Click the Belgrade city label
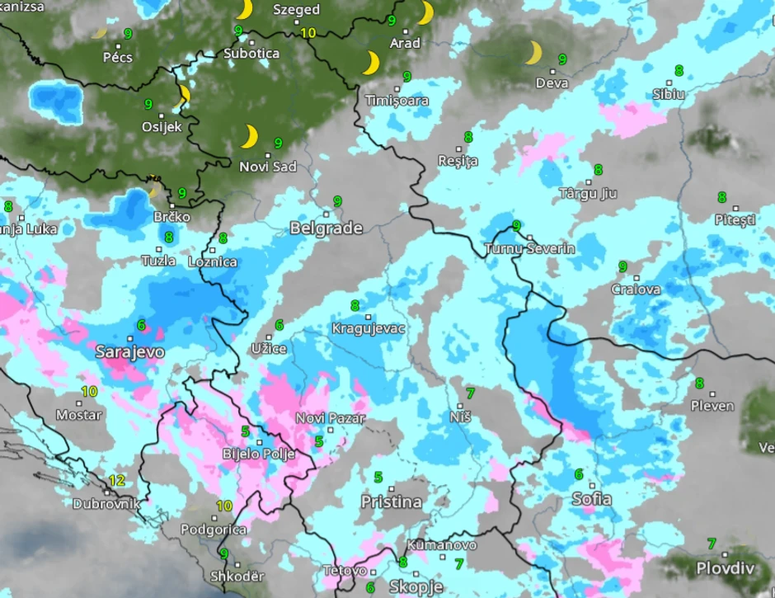point(326,228)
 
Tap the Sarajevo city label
point(130,352)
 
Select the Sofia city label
point(591,499)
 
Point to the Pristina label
point(391,501)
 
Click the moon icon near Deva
point(533,54)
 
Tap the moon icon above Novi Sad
point(249,136)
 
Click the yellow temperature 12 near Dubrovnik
point(117,480)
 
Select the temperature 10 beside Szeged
point(308,33)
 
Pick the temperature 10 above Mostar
point(89,391)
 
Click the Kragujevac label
point(369,328)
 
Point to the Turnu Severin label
point(530,248)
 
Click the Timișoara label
point(397,101)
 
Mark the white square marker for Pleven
point(712,394)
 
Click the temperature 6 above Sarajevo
point(141,325)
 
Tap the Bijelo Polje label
point(259,453)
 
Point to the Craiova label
point(636,290)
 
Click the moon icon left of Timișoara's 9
point(371,63)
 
